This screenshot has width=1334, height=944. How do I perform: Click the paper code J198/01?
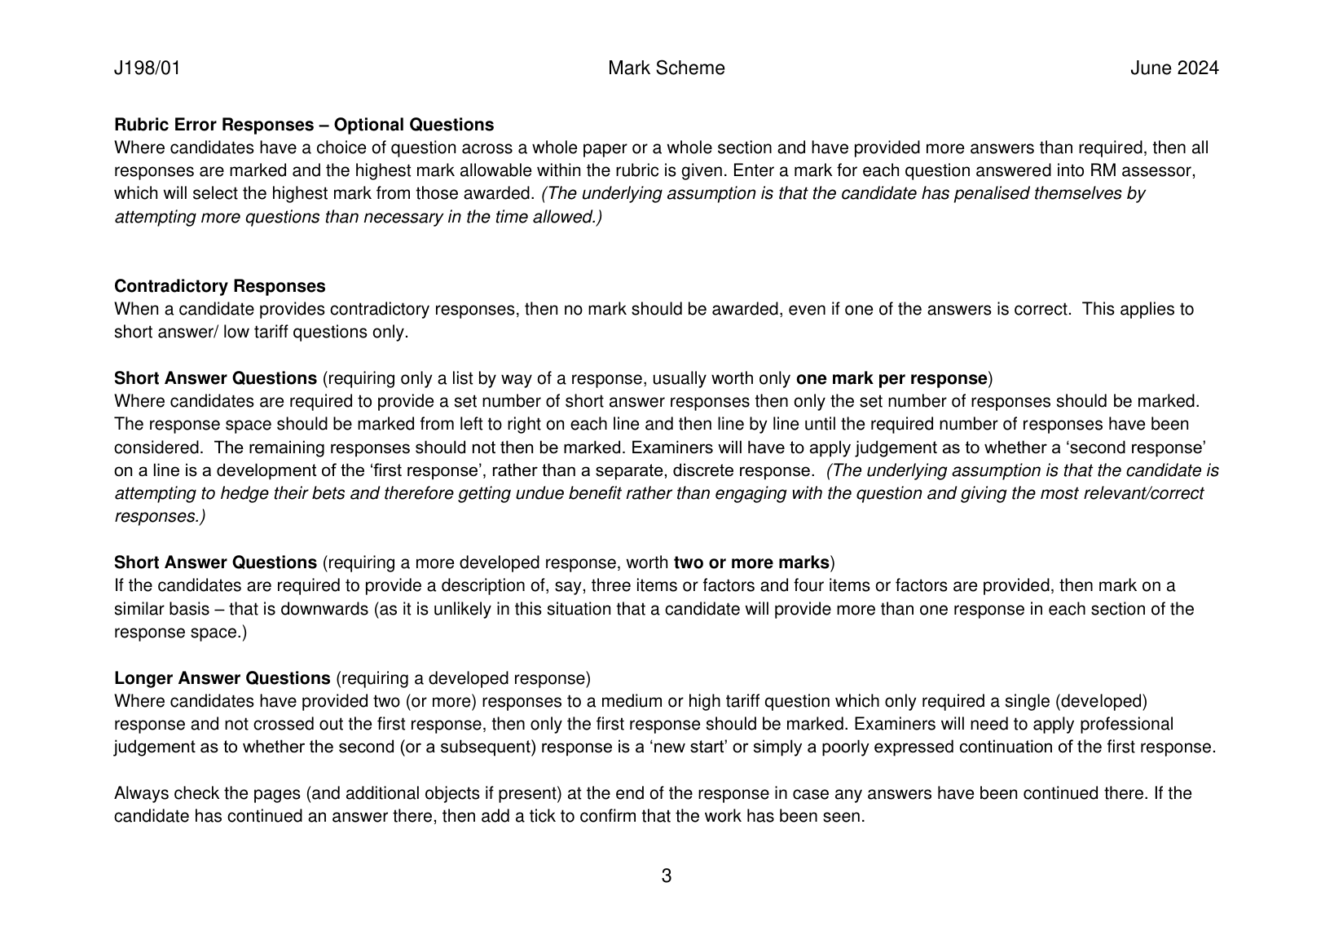tap(147, 68)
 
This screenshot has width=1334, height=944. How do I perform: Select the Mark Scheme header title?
tap(666, 68)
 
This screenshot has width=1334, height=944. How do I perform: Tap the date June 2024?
tap(1173, 68)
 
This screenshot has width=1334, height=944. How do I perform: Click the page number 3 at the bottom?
tap(666, 876)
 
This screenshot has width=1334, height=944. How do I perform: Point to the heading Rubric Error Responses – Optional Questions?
tap(304, 125)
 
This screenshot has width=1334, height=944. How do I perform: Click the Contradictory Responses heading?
tap(219, 286)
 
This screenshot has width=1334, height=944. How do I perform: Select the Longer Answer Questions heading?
tap(222, 678)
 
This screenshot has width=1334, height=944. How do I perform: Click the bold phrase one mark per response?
tap(891, 378)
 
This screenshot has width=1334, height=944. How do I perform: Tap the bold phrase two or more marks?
tap(751, 562)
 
